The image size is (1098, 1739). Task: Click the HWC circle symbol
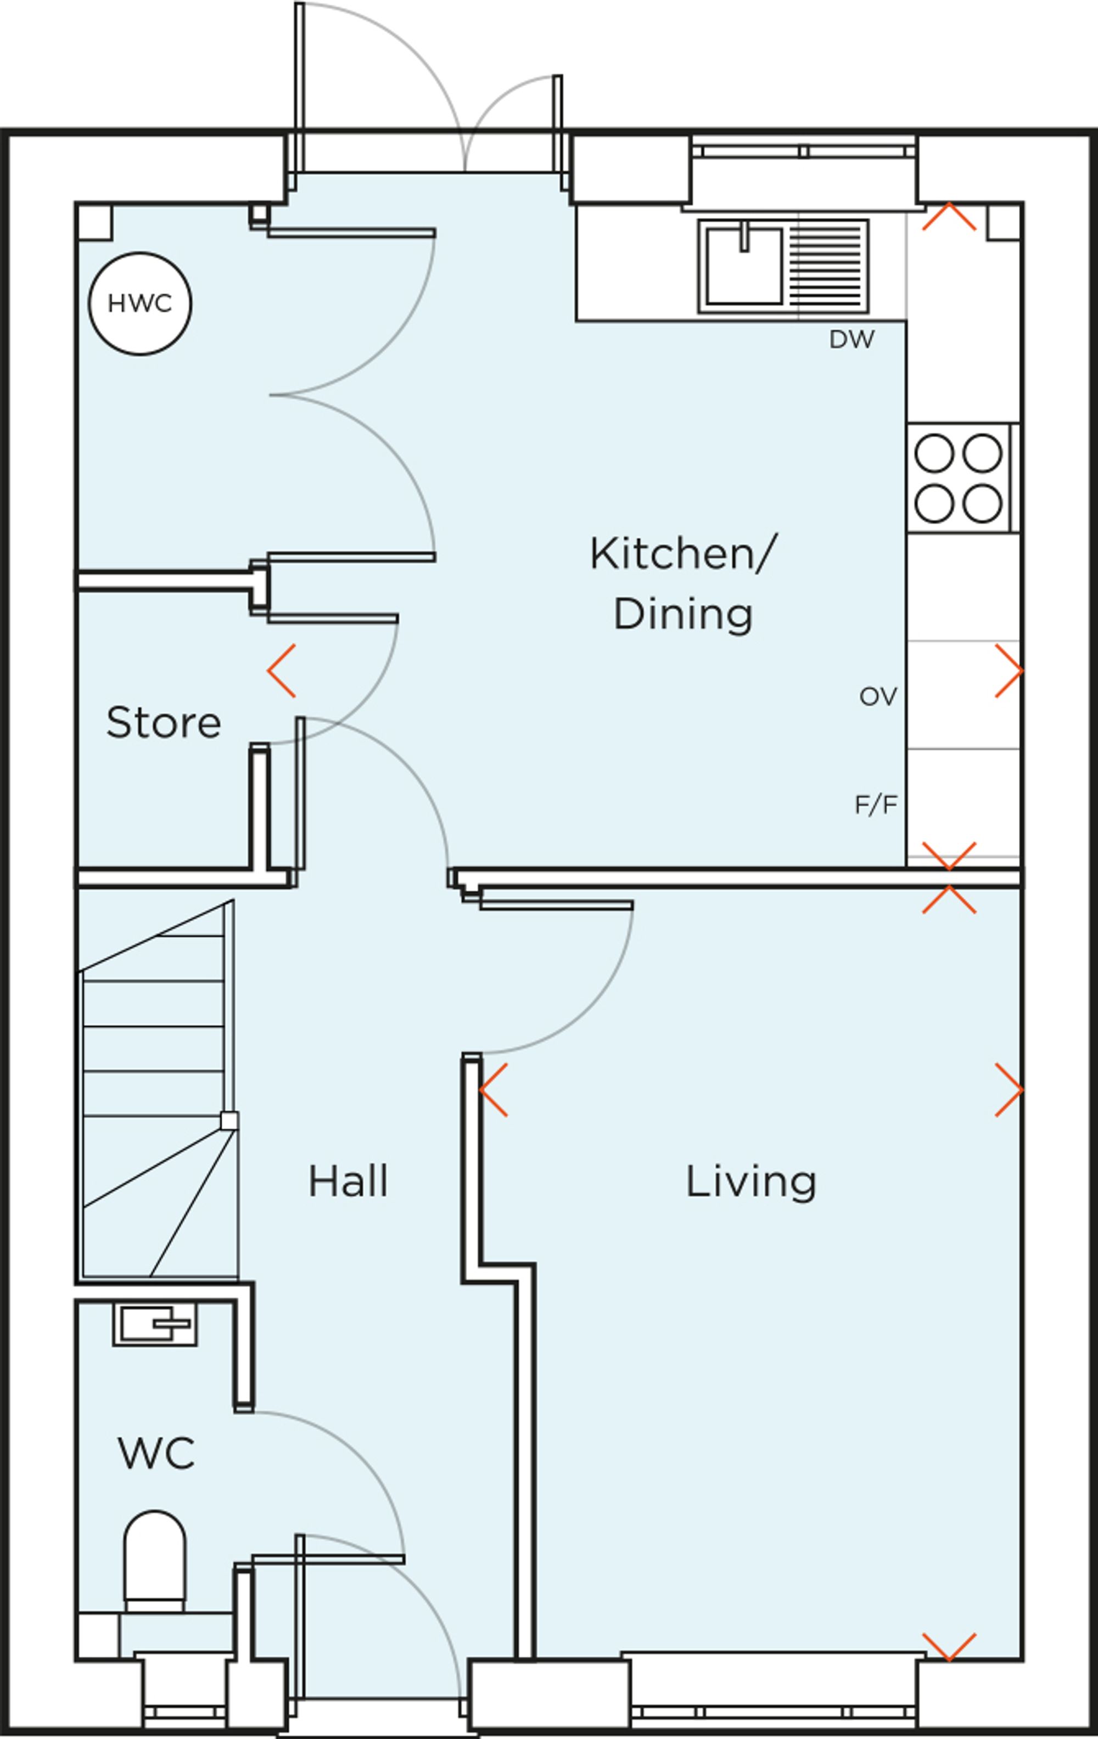(140, 303)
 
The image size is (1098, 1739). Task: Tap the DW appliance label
(851, 340)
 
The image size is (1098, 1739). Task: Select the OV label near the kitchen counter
(878, 696)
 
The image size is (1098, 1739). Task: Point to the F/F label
(876, 804)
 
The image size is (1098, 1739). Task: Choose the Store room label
(163, 722)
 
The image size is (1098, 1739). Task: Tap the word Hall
(348, 1181)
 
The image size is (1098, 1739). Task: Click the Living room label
(750, 1181)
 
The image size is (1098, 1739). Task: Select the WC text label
(156, 1453)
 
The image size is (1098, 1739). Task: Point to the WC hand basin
(155, 1325)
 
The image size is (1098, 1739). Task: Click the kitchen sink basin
(744, 266)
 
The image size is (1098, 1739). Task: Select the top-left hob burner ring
(934, 453)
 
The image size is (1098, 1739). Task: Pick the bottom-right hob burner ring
(982, 503)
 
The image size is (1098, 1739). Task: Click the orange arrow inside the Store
(281, 671)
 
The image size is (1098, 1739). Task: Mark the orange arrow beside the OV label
(1009, 671)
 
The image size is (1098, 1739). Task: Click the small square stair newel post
(229, 1120)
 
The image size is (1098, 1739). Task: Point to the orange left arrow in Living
(494, 1090)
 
